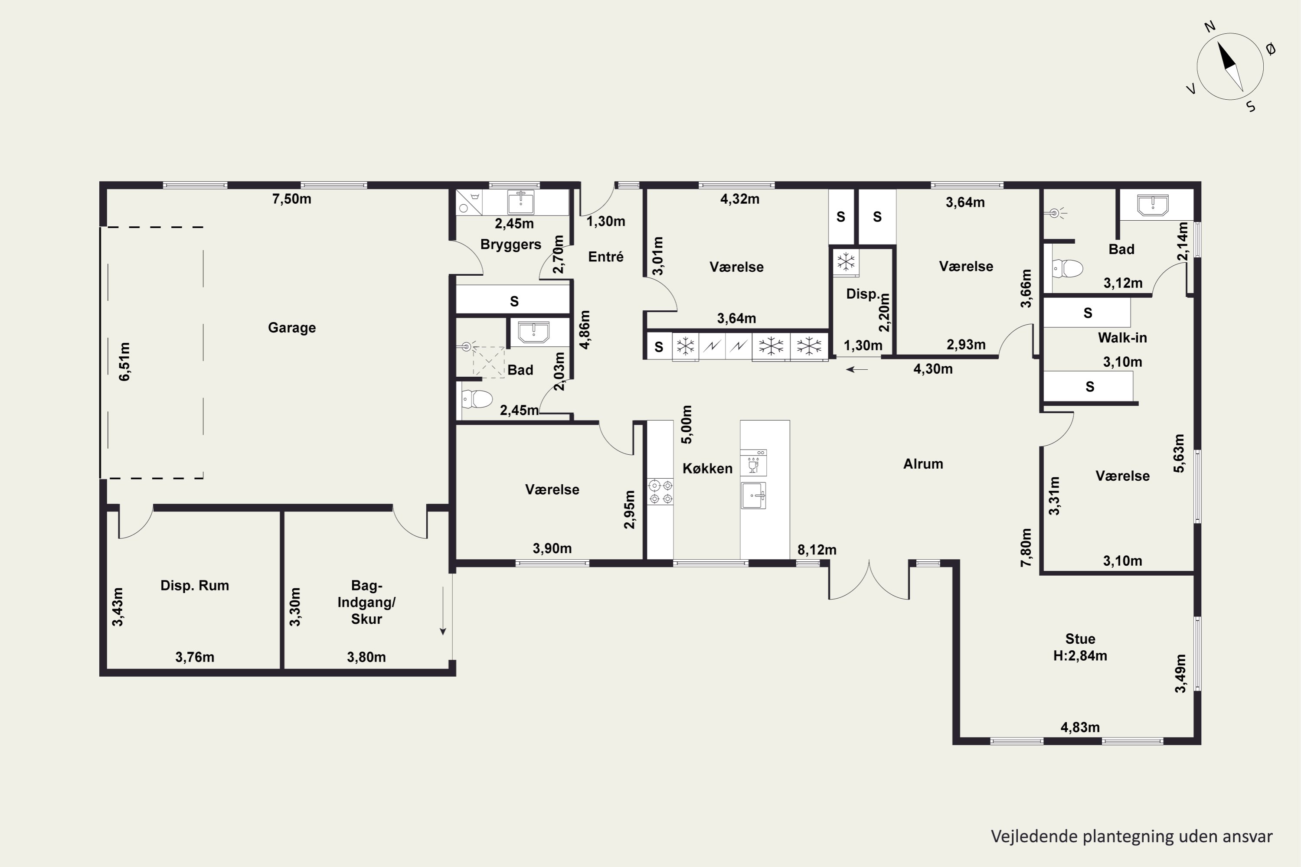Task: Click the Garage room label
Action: (x=291, y=328)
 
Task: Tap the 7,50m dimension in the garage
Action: (x=291, y=199)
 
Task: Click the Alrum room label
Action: (x=923, y=464)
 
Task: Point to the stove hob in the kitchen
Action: (x=660, y=492)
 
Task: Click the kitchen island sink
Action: (x=753, y=495)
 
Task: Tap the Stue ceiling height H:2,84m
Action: (x=1080, y=656)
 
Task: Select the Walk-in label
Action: (x=1122, y=338)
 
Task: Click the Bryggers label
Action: (x=510, y=245)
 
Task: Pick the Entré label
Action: (x=606, y=257)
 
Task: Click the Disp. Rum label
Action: (x=195, y=586)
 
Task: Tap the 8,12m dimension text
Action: (x=817, y=550)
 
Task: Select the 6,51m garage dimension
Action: (x=125, y=362)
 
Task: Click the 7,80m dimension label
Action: (x=1026, y=548)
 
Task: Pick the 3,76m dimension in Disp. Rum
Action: (x=195, y=658)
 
